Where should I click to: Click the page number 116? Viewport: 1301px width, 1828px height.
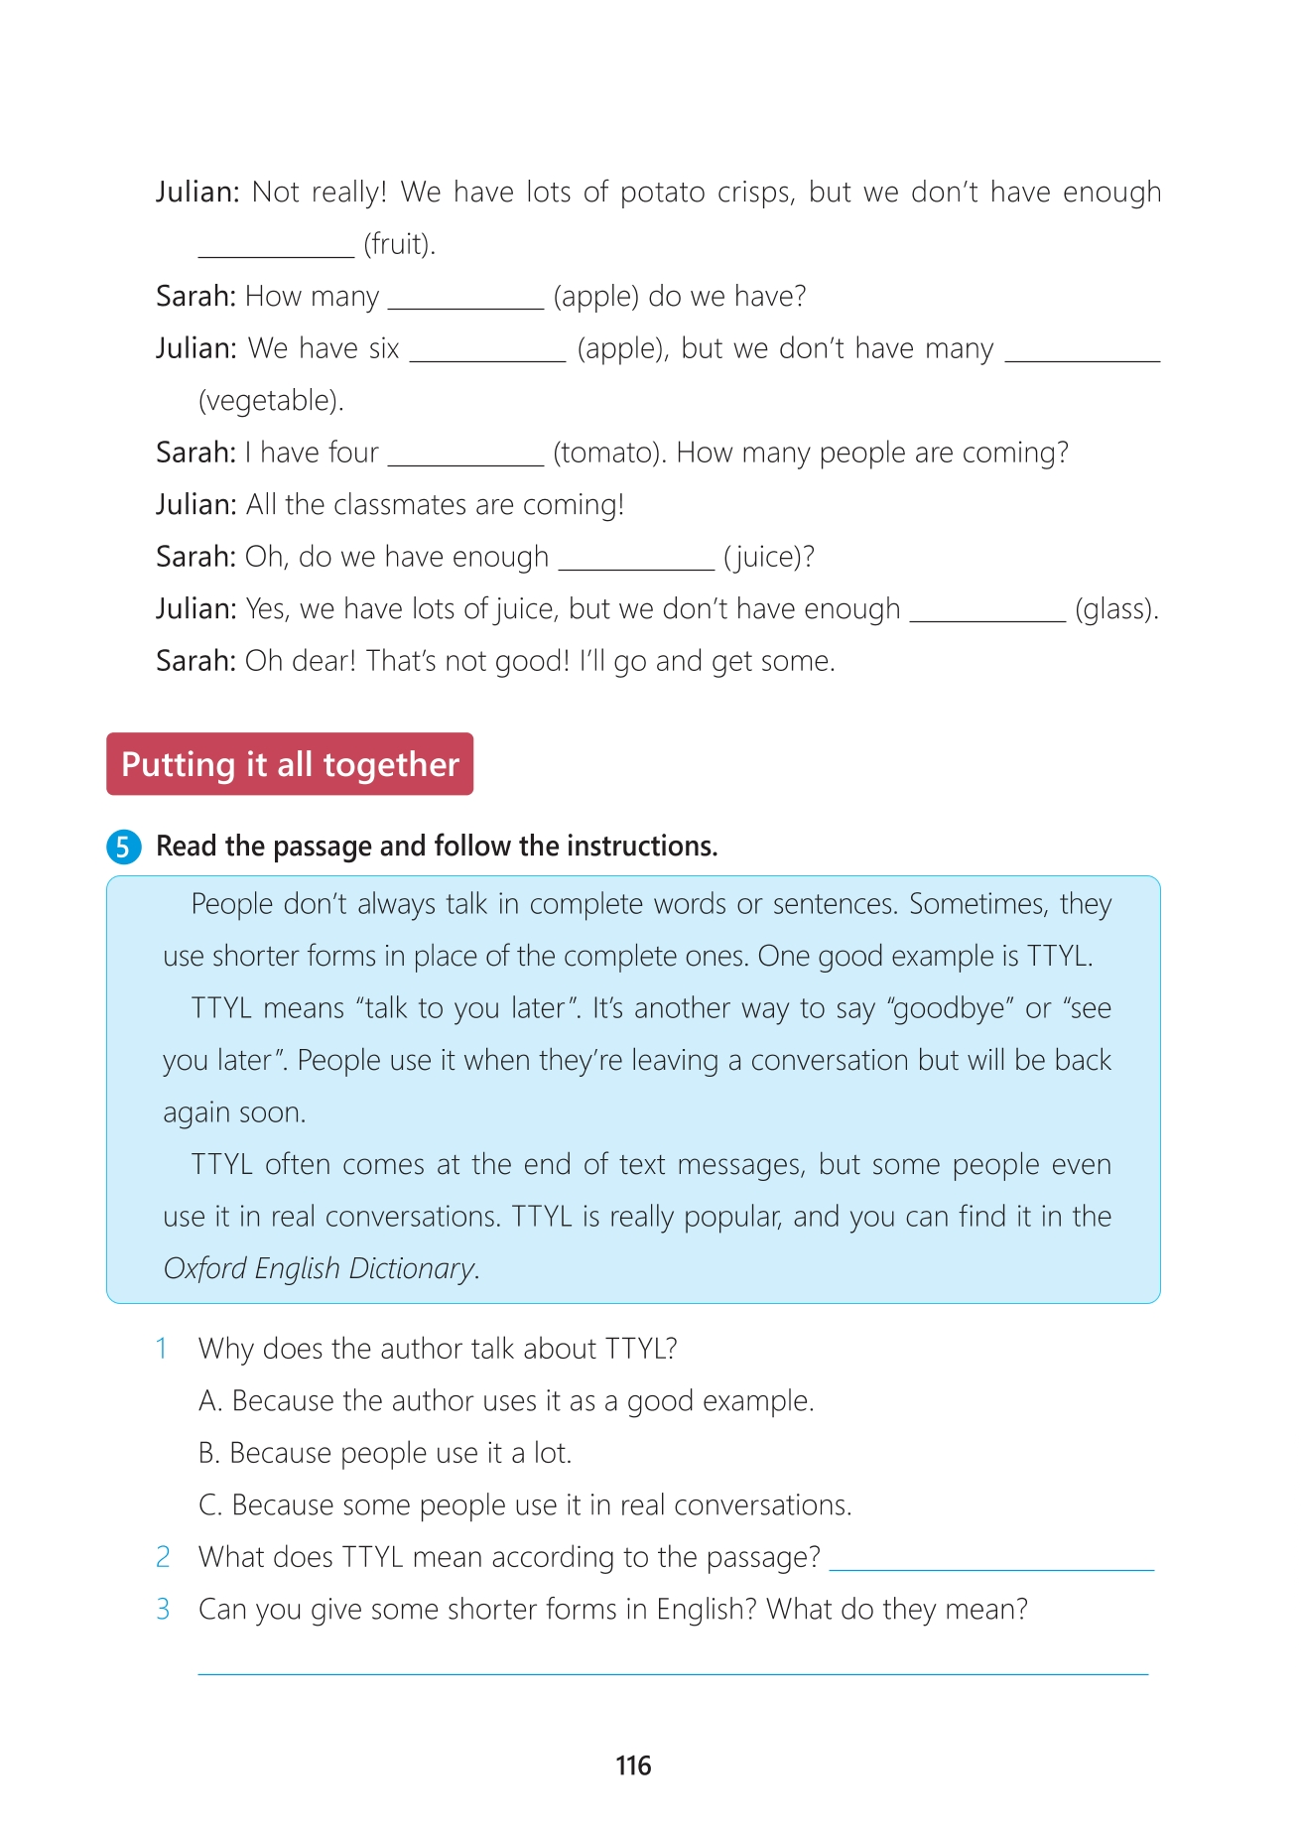pyautogui.click(x=633, y=1765)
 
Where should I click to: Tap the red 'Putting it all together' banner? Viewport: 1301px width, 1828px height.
pyautogui.click(x=290, y=764)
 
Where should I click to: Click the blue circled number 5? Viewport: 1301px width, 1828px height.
pyautogui.click(x=123, y=847)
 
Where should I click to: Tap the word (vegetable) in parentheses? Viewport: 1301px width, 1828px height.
pyautogui.click(x=271, y=401)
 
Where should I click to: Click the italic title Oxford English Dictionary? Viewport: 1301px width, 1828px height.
pyautogui.click(x=320, y=1268)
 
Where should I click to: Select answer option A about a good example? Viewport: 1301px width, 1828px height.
pyautogui.click(x=506, y=1401)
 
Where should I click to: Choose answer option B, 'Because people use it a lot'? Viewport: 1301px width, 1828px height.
pyautogui.click(x=385, y=1453)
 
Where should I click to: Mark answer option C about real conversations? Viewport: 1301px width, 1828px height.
pyautogui.click(x=525, y=1505)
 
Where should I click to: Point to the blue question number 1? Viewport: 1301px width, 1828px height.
pyautogui.click(x=162, y=1349)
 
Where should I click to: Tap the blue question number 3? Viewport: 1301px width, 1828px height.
pyautogui.click(x=163, y=1609)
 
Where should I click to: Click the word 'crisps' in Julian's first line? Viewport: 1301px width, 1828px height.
pyautogui.click(x=759, y=193)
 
